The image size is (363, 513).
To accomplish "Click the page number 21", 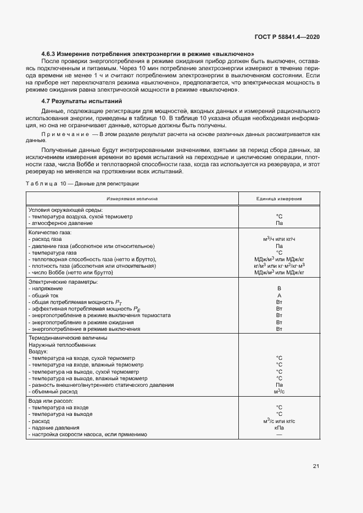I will pos(316,466).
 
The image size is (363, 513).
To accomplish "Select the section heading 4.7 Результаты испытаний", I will pos(81,102).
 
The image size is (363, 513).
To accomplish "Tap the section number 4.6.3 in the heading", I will pos(51,54).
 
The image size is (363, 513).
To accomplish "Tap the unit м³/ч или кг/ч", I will pos(279,239).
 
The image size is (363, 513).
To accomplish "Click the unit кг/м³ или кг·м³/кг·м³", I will pos(279,266).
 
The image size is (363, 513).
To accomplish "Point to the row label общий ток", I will pos(46,295).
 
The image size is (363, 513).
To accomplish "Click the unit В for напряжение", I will pos(279,289).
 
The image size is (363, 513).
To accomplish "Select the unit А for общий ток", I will pos(279,295).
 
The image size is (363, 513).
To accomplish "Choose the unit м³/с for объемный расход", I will pos(279,392).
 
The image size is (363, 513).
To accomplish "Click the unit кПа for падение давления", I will pos(279,428).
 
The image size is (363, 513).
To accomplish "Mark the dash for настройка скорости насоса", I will pos(279,435).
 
